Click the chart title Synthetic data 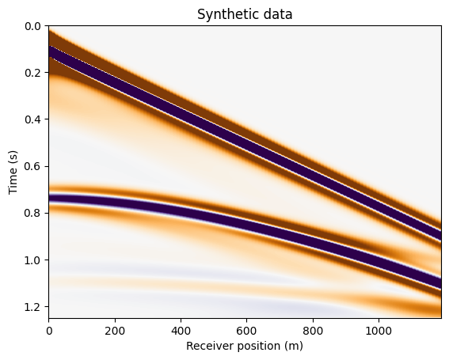click(245, 14)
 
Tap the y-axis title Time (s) click(13, 172)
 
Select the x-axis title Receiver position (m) click(245, 346)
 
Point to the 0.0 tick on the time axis click(32, 26)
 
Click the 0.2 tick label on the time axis click(32, 73)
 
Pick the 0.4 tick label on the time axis click(32, 119)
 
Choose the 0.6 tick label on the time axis click(32, 167)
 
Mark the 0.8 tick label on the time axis click(32, 213)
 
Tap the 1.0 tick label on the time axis click(32, 260)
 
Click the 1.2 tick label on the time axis click(32, 307)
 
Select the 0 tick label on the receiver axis click(49, 331)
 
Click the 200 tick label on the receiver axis click(115, 331)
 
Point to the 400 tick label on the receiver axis click(181, 331)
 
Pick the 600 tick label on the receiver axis click(247, 331)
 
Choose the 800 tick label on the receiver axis click(313, 331)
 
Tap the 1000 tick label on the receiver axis click(379, 331)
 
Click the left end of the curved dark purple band click(50, 198)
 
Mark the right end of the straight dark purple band click(441, 235)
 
